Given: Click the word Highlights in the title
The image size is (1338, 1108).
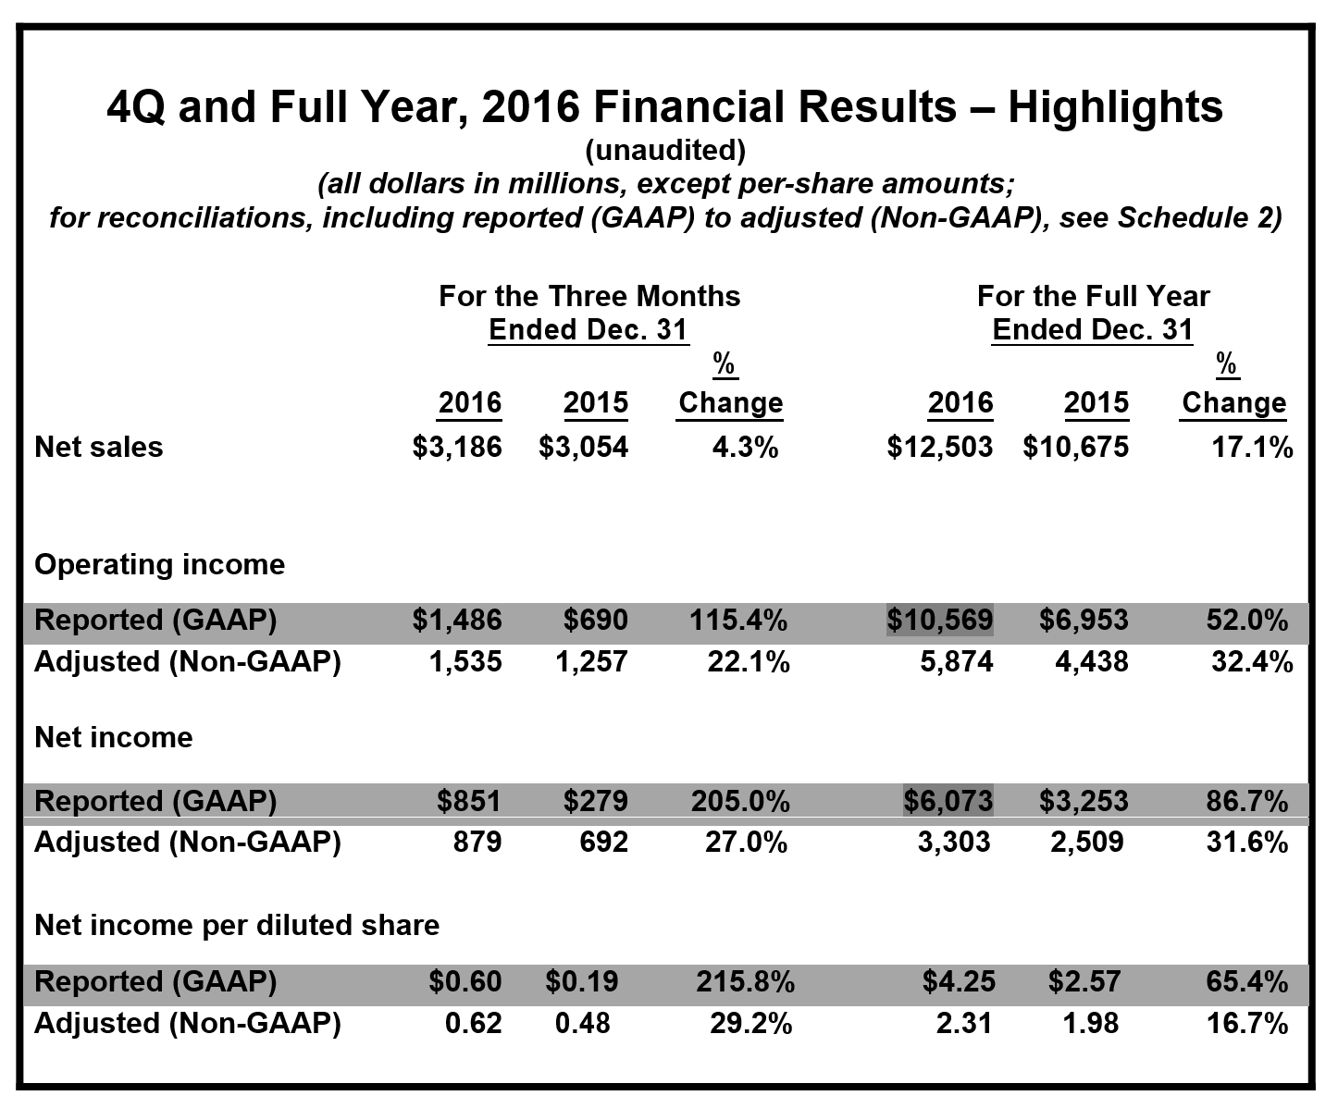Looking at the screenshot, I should click(1115, 106).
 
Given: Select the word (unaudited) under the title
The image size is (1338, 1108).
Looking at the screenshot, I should click(664, 150).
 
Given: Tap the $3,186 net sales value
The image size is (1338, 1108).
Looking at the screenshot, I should click(457, 447).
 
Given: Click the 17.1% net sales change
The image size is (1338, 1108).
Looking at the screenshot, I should click(1252, 447).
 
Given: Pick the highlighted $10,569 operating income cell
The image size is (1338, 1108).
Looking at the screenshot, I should click(939, 620).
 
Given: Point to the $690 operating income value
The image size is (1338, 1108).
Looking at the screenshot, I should click(596, 620).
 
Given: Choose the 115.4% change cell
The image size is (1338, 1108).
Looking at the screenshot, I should click(738, 620).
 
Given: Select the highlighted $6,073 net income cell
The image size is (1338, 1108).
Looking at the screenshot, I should click(948, 800).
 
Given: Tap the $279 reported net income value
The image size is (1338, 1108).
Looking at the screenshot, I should click(596, 800).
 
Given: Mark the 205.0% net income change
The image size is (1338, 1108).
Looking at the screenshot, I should click(740, 800).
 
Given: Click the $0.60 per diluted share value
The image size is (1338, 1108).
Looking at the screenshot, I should click(465, 981).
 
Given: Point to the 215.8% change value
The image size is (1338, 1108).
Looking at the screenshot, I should click(744, 981).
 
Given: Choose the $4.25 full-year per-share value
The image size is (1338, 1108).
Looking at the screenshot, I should click(958, 981).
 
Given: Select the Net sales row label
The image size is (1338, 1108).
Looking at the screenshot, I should click(98, 447).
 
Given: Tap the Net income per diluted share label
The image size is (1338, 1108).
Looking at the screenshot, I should click(237, 925).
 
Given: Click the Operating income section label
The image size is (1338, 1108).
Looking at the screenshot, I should click(159, 564).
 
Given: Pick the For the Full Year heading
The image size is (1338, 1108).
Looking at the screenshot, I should click(1093, 296).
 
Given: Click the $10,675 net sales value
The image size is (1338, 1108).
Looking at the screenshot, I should click(1075, 447).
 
